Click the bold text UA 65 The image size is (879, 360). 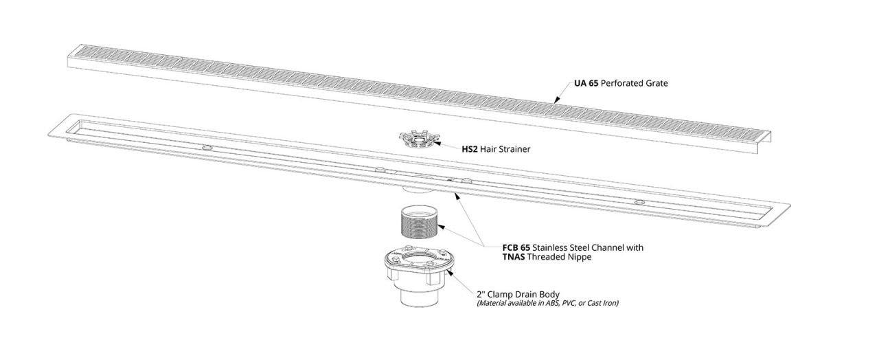[586, 83]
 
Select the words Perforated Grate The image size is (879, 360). [634, 83]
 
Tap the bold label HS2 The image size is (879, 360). [469, 149]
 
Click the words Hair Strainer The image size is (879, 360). [505, 149]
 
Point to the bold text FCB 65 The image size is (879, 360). [516, 248]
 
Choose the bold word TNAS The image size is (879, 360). [514, 257]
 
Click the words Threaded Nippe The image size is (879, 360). [559, 257]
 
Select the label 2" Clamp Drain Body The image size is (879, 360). [518, 294]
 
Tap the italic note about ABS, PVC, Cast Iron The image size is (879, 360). [548, 303]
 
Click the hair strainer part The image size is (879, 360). [418, 141]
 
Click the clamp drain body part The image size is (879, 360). [419, 277]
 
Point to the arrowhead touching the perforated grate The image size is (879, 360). [556, 100]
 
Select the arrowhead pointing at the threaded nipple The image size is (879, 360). [441, 227]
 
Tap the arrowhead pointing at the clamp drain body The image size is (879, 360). [449, 271]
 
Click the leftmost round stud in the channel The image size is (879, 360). [207, 148]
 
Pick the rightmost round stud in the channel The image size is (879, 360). [639, 202]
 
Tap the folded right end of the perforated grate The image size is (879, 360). [764, 142]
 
